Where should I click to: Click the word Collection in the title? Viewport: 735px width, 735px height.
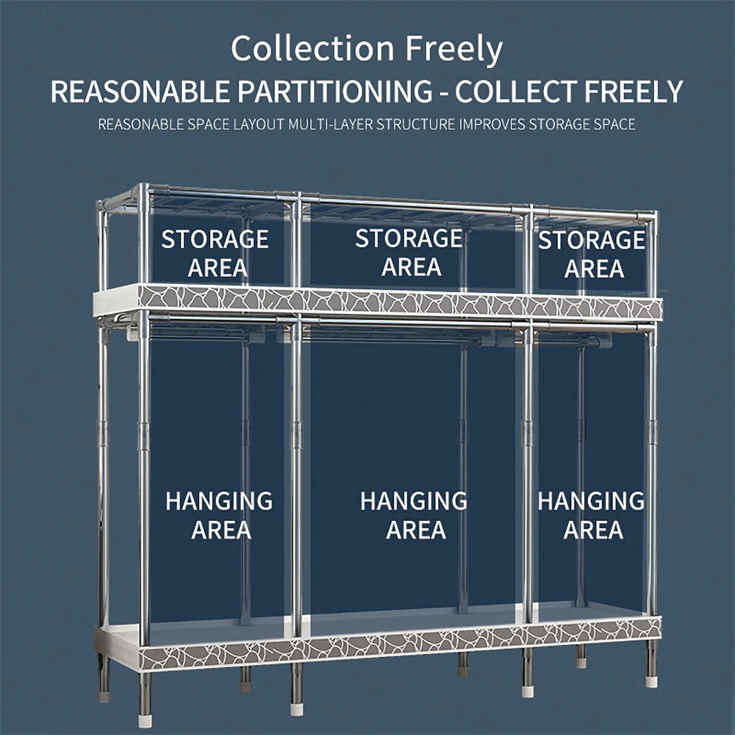[x=312, y=49]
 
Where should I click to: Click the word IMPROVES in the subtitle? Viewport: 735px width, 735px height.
[x=491, y=124]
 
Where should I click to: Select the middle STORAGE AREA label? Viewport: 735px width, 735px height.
[x=409, y=253]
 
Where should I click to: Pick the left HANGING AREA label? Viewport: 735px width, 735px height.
[x=219, y=515]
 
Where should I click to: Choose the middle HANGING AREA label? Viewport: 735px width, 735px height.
[x=414, y=515]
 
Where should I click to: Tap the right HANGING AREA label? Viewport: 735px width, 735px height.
[x=592, y=515]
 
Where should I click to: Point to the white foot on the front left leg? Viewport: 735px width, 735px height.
[x=297, y=710]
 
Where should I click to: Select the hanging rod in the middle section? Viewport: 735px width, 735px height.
[x=412, y=337]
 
